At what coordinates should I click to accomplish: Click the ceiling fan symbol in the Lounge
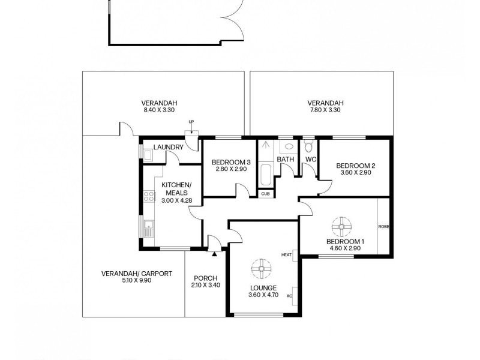[262, 268]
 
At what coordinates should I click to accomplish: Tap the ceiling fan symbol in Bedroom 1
[341, 226]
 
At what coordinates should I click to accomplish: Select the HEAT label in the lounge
[286, 255]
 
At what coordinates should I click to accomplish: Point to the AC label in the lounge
[289, 296]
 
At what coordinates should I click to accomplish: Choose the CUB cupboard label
[265, 193]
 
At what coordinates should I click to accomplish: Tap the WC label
[310, 159]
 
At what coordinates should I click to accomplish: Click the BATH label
[285, 159]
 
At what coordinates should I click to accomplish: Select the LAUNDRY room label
[168, 148]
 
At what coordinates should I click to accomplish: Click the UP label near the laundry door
[191, 122]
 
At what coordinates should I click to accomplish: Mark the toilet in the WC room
[309, 146]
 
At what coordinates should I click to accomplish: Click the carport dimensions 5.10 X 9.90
[136, 281]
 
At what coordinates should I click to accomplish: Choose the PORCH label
[205, 278]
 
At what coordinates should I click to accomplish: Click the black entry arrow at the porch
[214, 253]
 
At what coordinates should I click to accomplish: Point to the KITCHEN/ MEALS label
[176, 188]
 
